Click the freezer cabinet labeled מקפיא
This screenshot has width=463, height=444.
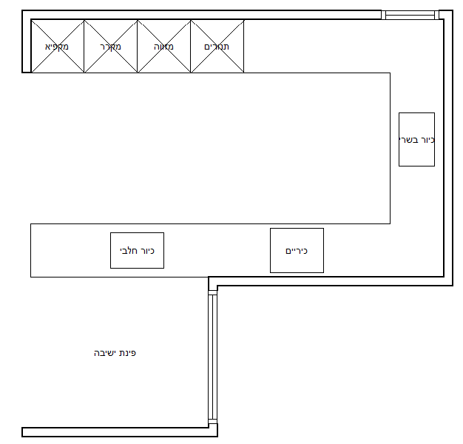click(x=58, y=46)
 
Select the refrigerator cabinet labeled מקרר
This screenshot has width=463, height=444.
click(x=111, y=46)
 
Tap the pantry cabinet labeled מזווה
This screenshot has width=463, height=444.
click(x=164, y=46)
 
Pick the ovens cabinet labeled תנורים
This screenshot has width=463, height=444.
click(x=217, y=46)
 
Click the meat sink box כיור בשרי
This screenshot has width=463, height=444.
click(x=416, y=139)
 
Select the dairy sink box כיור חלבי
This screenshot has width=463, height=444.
click(x=137, y=251)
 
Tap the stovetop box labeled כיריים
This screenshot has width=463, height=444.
click(x=297, y=251)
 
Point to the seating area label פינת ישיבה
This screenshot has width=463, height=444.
click(x=115, y=353)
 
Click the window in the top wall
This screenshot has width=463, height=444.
click(x=410, y=15)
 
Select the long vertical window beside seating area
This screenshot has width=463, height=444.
click(x=212, y=357)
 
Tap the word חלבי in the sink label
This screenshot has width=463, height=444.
click(x=129, y=251)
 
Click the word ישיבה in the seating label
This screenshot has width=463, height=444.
click(x=105, y=353)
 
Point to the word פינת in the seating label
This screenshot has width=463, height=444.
click(x=127, y=353)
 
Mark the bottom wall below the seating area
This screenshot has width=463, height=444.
click(x=120, y=432)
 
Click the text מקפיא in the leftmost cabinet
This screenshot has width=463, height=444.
click(x=57, y=47)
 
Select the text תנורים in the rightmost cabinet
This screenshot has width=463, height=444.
click(x=217, y=47)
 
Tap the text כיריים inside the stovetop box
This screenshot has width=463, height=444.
click(x=297, y=251)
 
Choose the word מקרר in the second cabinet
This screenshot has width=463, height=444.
click(x=110, y=47)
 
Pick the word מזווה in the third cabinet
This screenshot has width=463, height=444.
click(x=163, y=47)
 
